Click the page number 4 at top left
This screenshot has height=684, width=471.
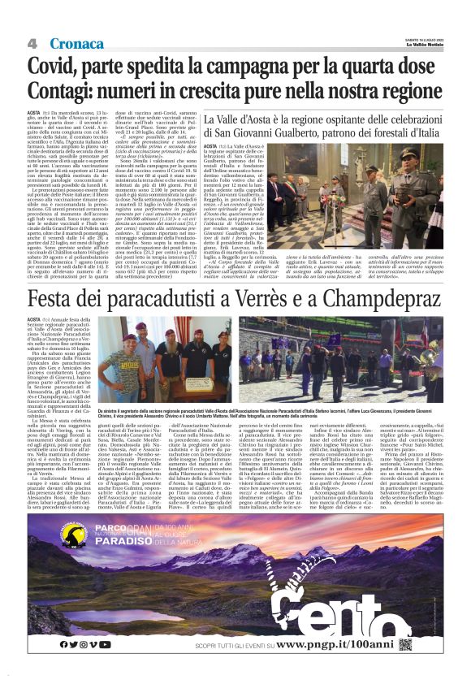[32, 42]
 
